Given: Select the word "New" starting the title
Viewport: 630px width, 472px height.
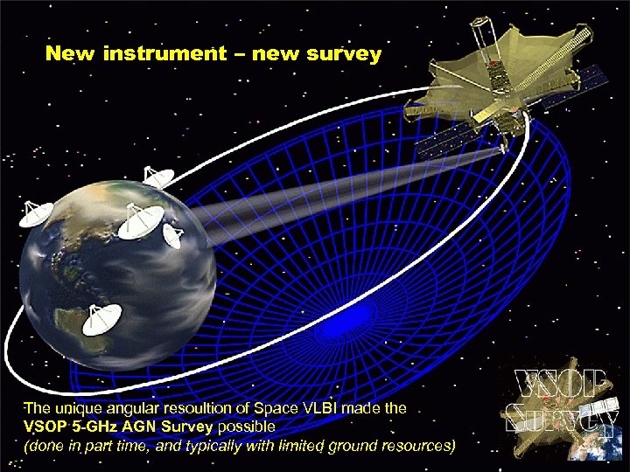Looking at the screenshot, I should [71, 54].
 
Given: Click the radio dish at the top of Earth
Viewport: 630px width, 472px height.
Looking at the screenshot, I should [157, 177].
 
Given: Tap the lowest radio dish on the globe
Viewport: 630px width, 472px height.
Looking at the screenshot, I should [97, 320].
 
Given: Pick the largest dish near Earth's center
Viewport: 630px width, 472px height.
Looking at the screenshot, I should [140, 219].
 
